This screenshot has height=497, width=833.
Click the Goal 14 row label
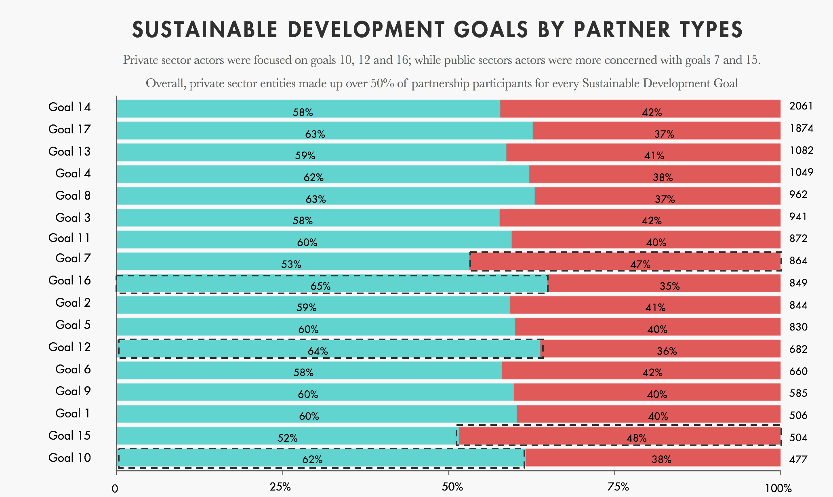pyautogui.click(x=69, y=107)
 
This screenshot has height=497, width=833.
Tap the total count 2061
pyautogui.click(x=801, y=106)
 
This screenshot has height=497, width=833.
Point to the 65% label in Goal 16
pyautogui.click(x=320, y=286)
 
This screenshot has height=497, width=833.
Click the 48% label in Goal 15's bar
pyautogui.click(x=636, y=438)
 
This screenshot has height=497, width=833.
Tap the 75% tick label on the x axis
pyautogui.click(x=618, y=487)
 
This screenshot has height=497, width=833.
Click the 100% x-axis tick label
pyautogui.click(x=778, y=488)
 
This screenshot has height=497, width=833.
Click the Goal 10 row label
pyautogui.click(x=69, y=458)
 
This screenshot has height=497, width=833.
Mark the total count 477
pyautogui.click(x=798, y=459)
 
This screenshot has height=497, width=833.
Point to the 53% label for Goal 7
pyautogui.click(x=291, y=264)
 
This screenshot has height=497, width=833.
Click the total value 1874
pyautogui.click(x=801, y=128)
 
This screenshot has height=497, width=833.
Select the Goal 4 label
pyautogui.click(x=73, y=173)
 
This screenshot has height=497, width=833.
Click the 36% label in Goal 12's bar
pyautogui.click(x=667, y=351)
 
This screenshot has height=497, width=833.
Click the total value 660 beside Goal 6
pyautogui.click(x=798, y=371)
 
